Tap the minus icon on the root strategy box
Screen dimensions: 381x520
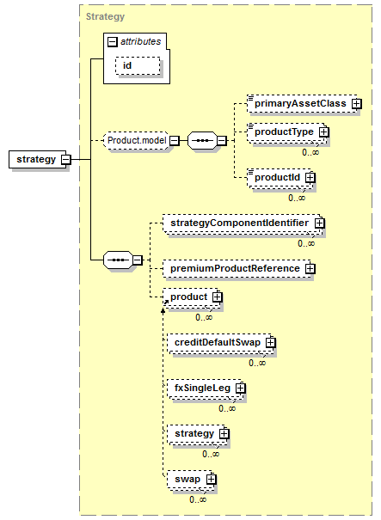click(66, 160)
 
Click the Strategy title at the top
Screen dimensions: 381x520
click(105, 16)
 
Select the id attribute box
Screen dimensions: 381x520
click(138, 65)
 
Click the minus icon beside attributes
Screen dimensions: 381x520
click(113, 42)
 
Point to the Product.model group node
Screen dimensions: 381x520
click(137, 141)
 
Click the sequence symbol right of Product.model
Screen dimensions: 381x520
click(203, 141)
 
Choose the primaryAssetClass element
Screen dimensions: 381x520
click(303, 103)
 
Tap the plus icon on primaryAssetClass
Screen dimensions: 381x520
click(357, 104)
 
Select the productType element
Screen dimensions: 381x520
click(286, 132)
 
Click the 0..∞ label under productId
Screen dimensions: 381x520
click(297, 198)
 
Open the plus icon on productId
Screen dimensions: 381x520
click(310, 178)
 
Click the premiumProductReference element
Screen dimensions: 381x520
click(237, 269)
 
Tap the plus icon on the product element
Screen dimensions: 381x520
click(217, 297)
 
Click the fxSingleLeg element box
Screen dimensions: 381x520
click(205, 388)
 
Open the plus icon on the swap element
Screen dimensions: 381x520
click(211, 480)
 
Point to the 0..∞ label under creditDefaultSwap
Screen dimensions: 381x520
click(257, 363)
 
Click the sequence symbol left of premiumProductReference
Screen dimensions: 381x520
click(119, 260)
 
